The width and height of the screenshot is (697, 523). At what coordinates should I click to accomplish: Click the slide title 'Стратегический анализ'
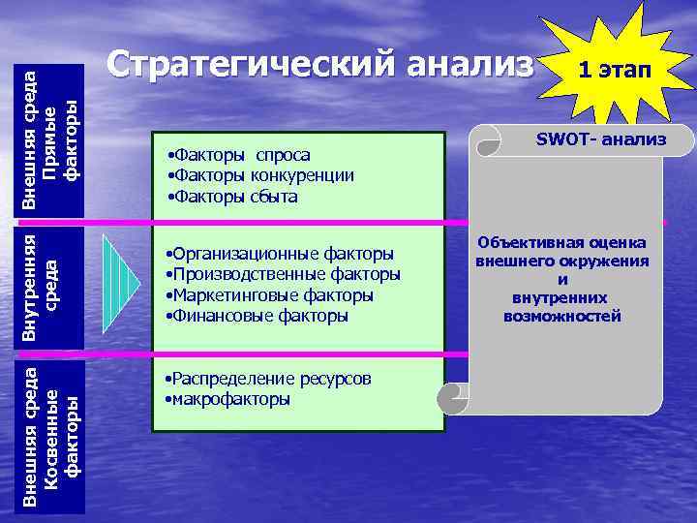click(x=319, y=65)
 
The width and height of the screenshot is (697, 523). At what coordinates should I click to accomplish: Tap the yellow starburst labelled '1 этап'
click(x=614, y=71)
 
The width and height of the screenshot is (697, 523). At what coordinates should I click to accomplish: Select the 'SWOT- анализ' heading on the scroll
click(x=600, y=139)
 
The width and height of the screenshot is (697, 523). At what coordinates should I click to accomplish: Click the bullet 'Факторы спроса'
click(x=239, y=155)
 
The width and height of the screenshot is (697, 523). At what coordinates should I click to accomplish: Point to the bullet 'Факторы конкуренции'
click(x=260, y=175)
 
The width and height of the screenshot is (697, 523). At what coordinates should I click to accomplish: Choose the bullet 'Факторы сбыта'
click(x=232, y=197)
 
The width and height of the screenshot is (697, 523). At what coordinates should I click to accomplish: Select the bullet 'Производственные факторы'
click(x=283, y=274)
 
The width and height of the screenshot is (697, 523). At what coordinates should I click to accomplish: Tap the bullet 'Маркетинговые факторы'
click(x=270, y=295)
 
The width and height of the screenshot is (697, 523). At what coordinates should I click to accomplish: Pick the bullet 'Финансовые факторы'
click(x=258, y=316)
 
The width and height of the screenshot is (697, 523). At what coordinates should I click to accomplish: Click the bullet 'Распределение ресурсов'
click(x=268, y=378)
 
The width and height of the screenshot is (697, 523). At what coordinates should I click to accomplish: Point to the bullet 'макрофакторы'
click(x=228, y=399)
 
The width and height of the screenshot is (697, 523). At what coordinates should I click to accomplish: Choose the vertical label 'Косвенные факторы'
click(x=59, y=436)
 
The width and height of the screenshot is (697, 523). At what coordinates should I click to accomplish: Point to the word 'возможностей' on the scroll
click(x=561, y=317)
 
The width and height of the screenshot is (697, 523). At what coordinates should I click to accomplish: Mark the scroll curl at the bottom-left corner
click(x=451, y=398)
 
